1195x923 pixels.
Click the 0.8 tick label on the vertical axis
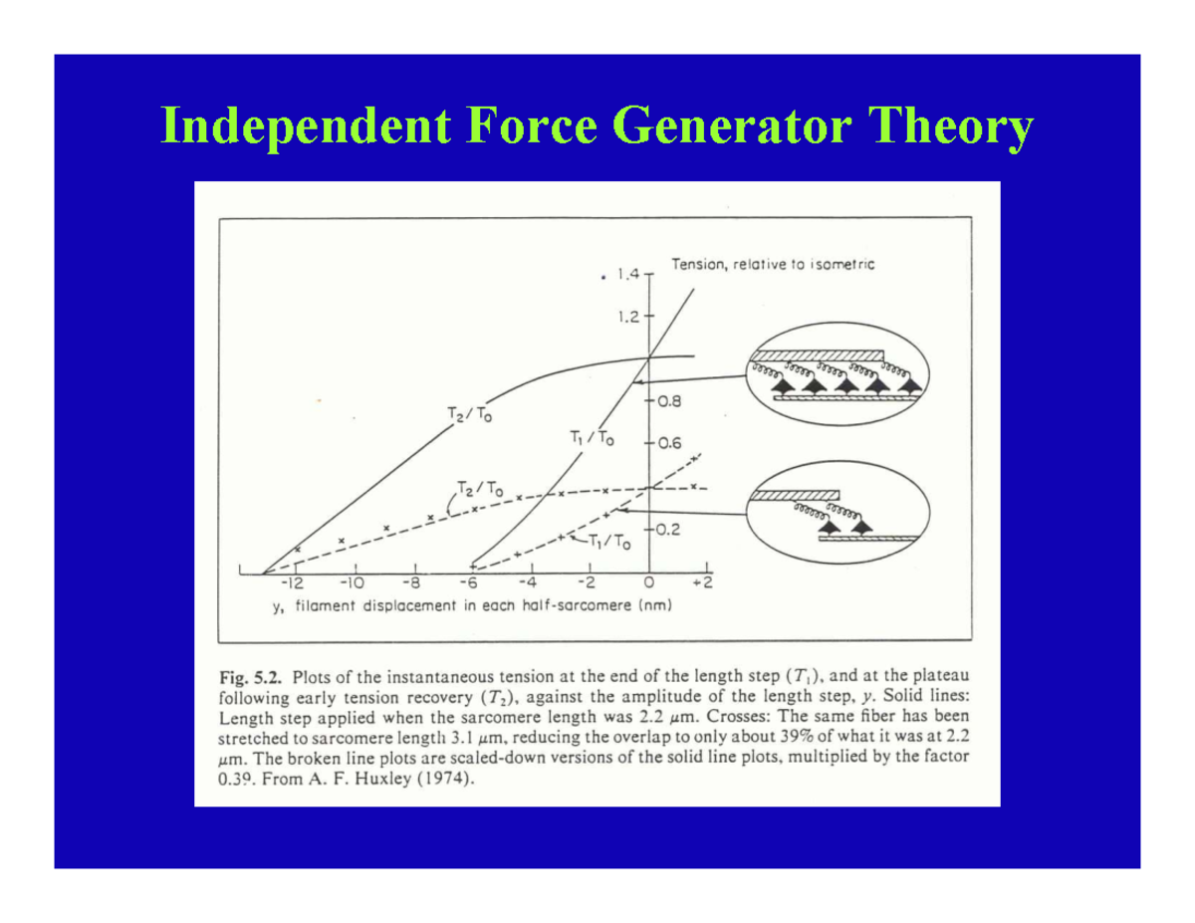[667, 402]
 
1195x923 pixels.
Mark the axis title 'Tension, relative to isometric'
[772, 265]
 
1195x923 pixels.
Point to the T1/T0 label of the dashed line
[609, 542]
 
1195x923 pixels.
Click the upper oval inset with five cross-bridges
[836, 377]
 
